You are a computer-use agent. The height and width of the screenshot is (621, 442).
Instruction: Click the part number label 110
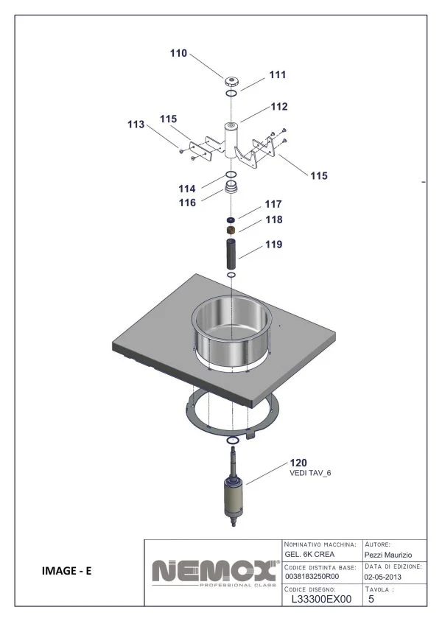178,53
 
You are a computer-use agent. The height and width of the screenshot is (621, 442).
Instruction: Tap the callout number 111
278,74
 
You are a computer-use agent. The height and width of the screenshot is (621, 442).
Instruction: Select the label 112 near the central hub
279,107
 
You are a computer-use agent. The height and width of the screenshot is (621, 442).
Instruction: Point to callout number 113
136,124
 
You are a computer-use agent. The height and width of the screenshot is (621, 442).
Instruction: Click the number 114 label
187,189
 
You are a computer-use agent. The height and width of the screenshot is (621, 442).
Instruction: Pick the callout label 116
187,203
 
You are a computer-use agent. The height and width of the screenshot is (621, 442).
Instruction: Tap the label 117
273,204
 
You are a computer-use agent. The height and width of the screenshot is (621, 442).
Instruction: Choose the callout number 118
274,220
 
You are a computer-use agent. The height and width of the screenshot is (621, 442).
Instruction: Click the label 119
274,245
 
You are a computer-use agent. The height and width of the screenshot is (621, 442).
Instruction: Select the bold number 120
298,463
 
